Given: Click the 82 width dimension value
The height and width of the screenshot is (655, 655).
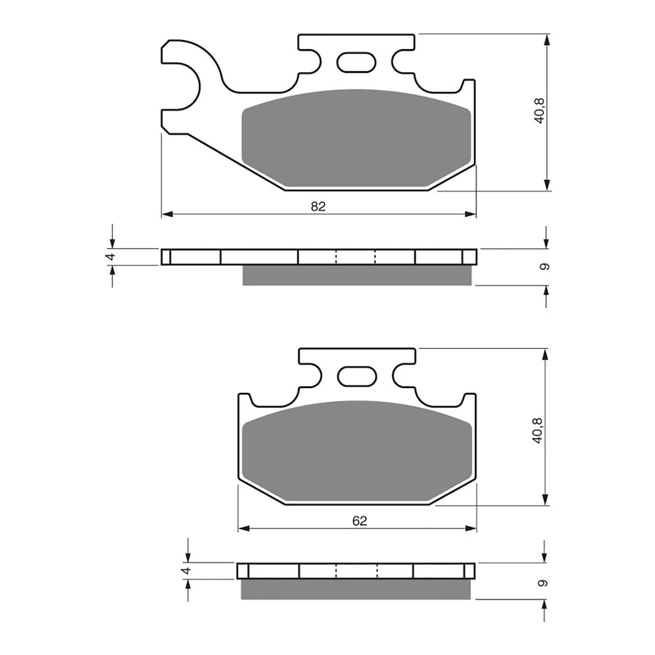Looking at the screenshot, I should [318, 206].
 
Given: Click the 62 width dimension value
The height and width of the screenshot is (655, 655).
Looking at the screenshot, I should [360, 520].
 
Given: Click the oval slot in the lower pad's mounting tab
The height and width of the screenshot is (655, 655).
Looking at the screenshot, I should [356, 376].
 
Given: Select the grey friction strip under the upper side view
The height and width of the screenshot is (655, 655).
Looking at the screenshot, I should [357, 276].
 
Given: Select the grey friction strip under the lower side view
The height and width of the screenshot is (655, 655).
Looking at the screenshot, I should [357, 589].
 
